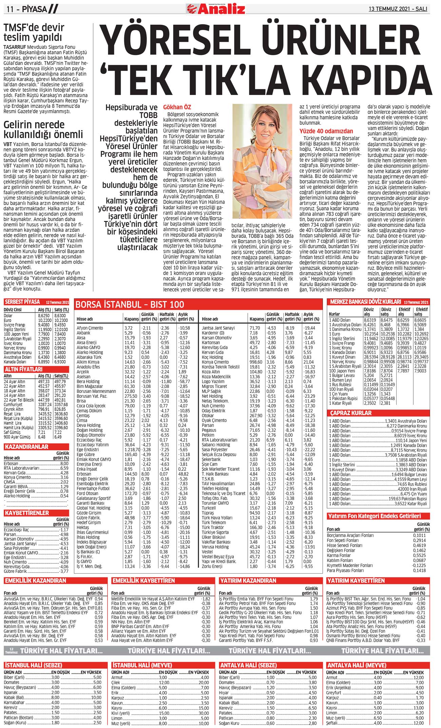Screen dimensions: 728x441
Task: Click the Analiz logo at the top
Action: click(216, 8)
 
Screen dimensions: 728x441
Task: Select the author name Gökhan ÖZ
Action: click(177, 107)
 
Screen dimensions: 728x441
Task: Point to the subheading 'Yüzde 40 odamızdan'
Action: click(326, 131)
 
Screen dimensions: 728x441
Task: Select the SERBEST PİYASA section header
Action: click(22, 302)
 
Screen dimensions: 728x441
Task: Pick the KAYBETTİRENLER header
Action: click(27, 513)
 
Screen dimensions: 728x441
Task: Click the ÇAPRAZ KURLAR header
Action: click(351, 413)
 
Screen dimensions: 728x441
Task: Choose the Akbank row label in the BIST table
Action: click(83, 333)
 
